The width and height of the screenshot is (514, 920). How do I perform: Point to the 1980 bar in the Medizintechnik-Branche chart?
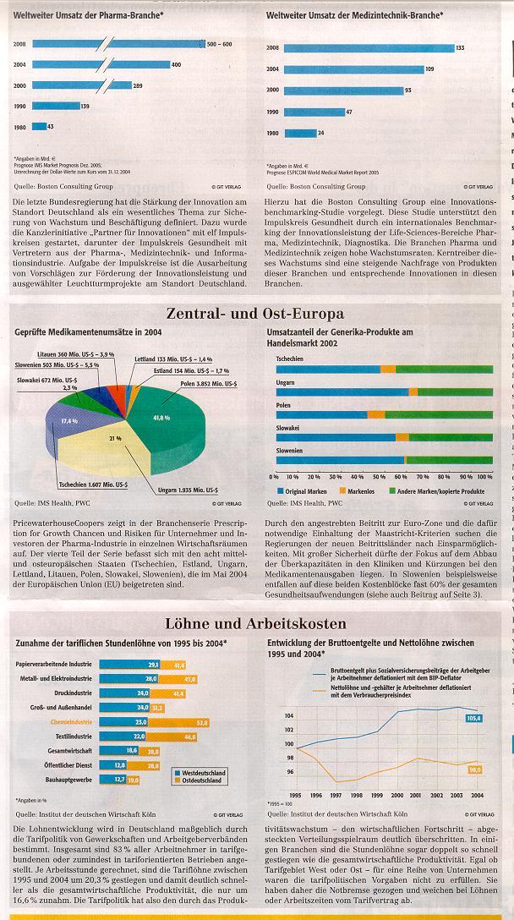(300, 133)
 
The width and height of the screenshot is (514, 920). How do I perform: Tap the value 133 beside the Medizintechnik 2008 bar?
(460, 48)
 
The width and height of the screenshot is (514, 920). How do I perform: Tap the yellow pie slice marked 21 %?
(117, 439)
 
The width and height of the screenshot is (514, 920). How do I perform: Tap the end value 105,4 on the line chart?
(473, 718)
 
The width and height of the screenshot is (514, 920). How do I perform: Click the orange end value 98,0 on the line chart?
(474, 769)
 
